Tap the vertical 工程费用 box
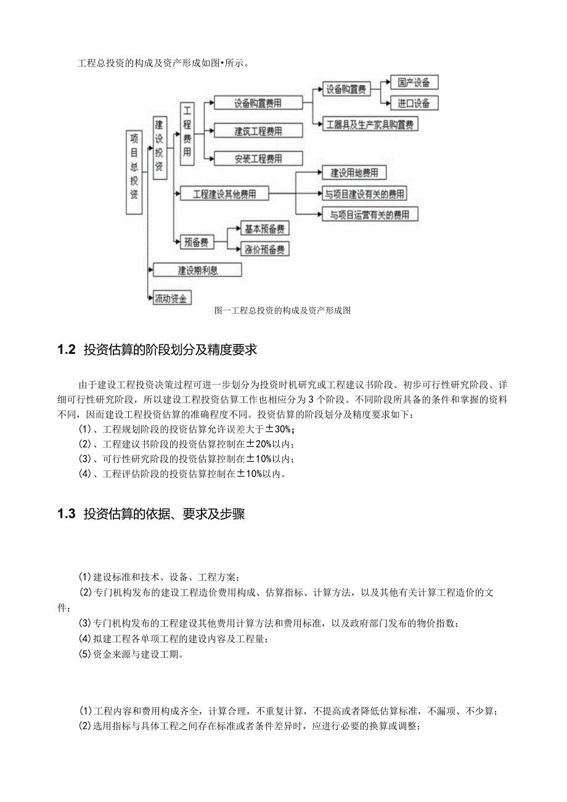(x=187, y=134)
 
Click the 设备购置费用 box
(x=258, y=103)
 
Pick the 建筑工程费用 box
(x=258, y=131)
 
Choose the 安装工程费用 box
(x=258, y=158)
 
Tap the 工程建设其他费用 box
(x=224, y=194)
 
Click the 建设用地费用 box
(x=354, y=173)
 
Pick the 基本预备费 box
(x=264, y=229)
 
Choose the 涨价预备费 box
(x=264, y=249)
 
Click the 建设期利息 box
(x=197, y=269)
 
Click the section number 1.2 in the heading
(x=66, y=350)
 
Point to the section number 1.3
(x=66, y=514)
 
